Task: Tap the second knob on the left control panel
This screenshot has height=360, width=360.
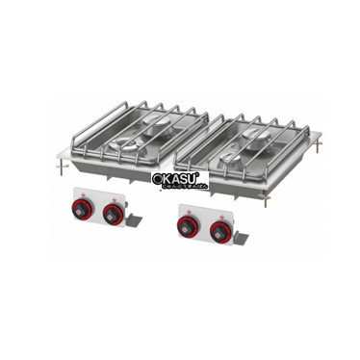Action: [x=113, y=212]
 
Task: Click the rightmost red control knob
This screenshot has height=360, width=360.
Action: [x=221, y=231]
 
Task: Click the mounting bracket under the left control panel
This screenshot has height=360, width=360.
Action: [x=133, y=220]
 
